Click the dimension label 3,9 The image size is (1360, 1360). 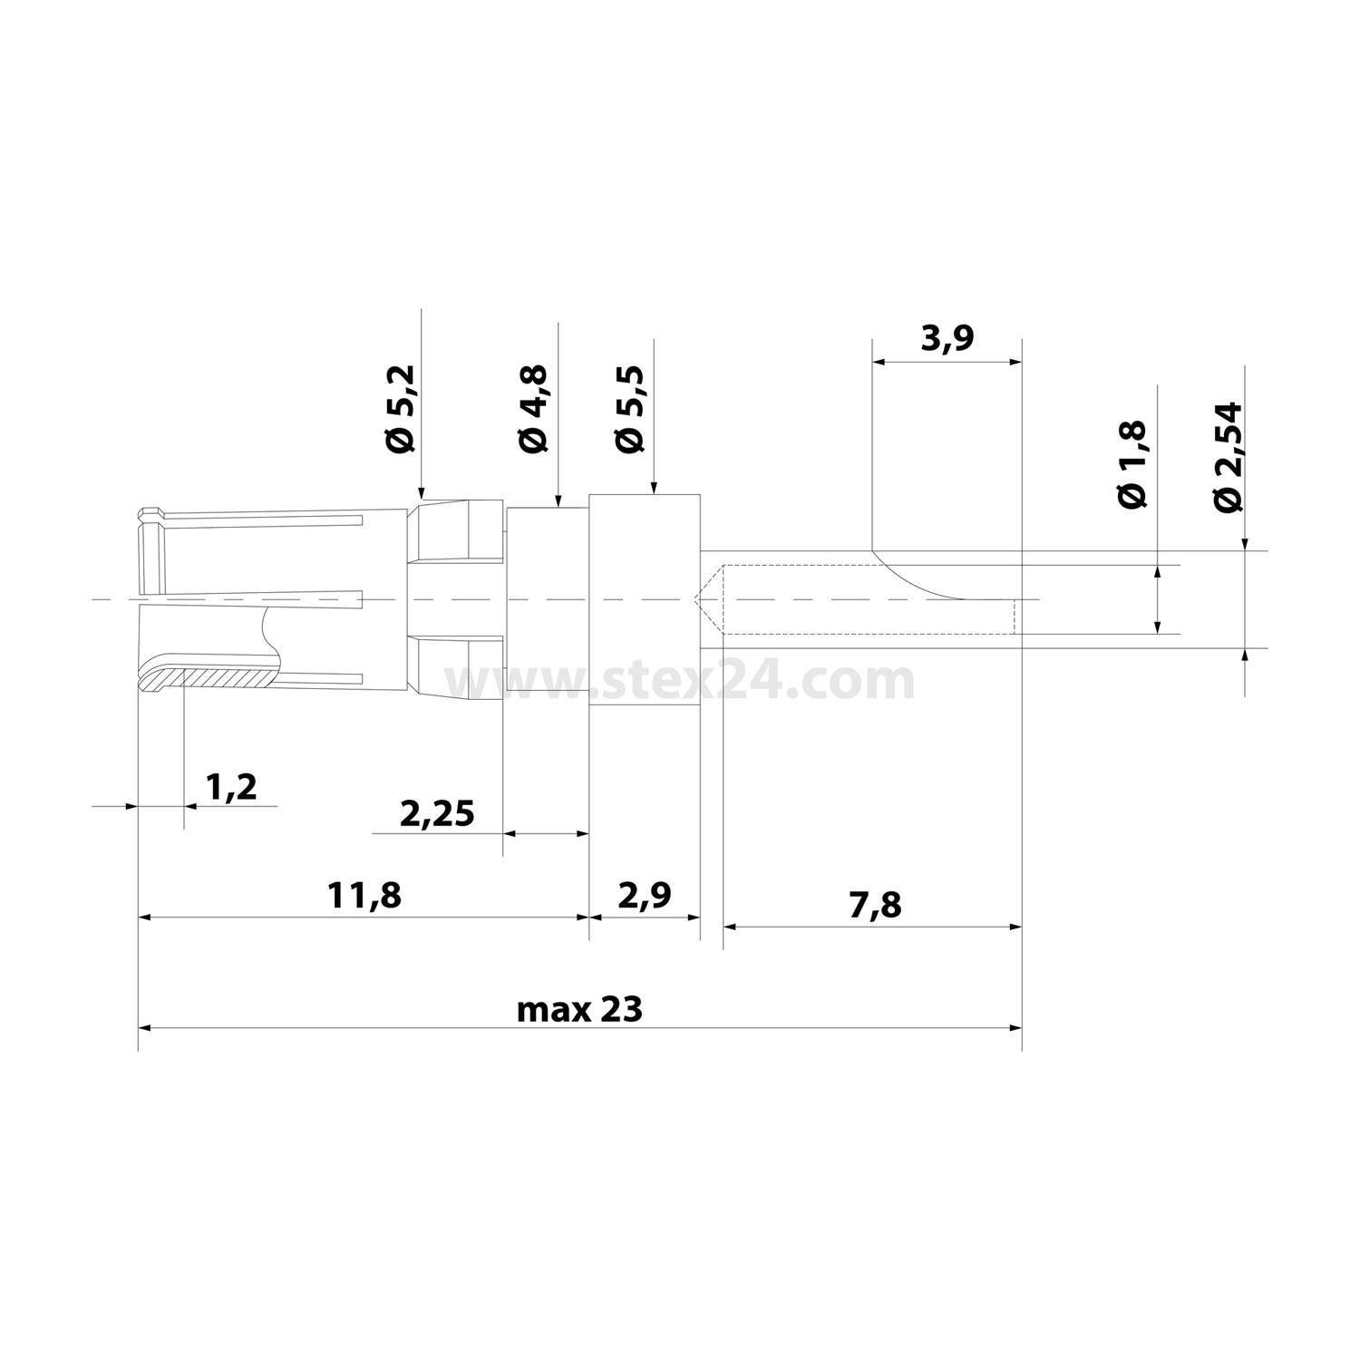pos(947,339)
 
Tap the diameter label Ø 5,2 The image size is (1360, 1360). pos(398,409)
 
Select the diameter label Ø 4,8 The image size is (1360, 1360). pos(534,409)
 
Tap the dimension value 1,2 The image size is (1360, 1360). pos(231,787)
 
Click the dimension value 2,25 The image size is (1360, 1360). pos(437,813)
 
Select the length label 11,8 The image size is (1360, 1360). pos(364,896)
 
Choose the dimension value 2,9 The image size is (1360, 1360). pos(645,896)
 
